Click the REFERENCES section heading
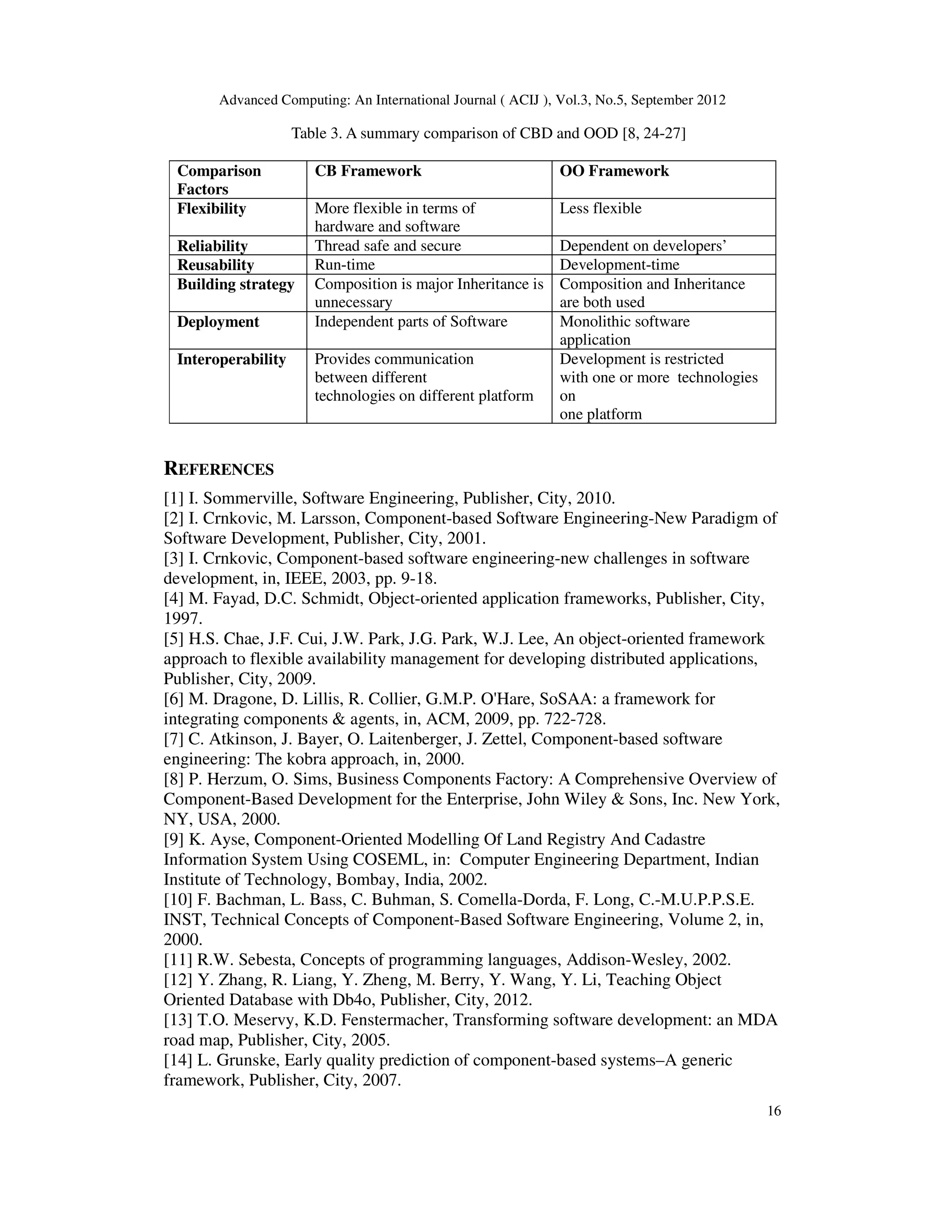point(218,469)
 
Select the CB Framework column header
point(368,171)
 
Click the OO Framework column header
point(614,171)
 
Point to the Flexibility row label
point(211,208)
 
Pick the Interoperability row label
point(231,359)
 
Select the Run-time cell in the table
point(344,265)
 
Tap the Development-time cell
point(619,265)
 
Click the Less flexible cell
point(600,208)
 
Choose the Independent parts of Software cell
point(410,321)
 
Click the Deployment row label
point(218,322)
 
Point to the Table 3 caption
point(488,134)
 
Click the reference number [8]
point(173,779)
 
